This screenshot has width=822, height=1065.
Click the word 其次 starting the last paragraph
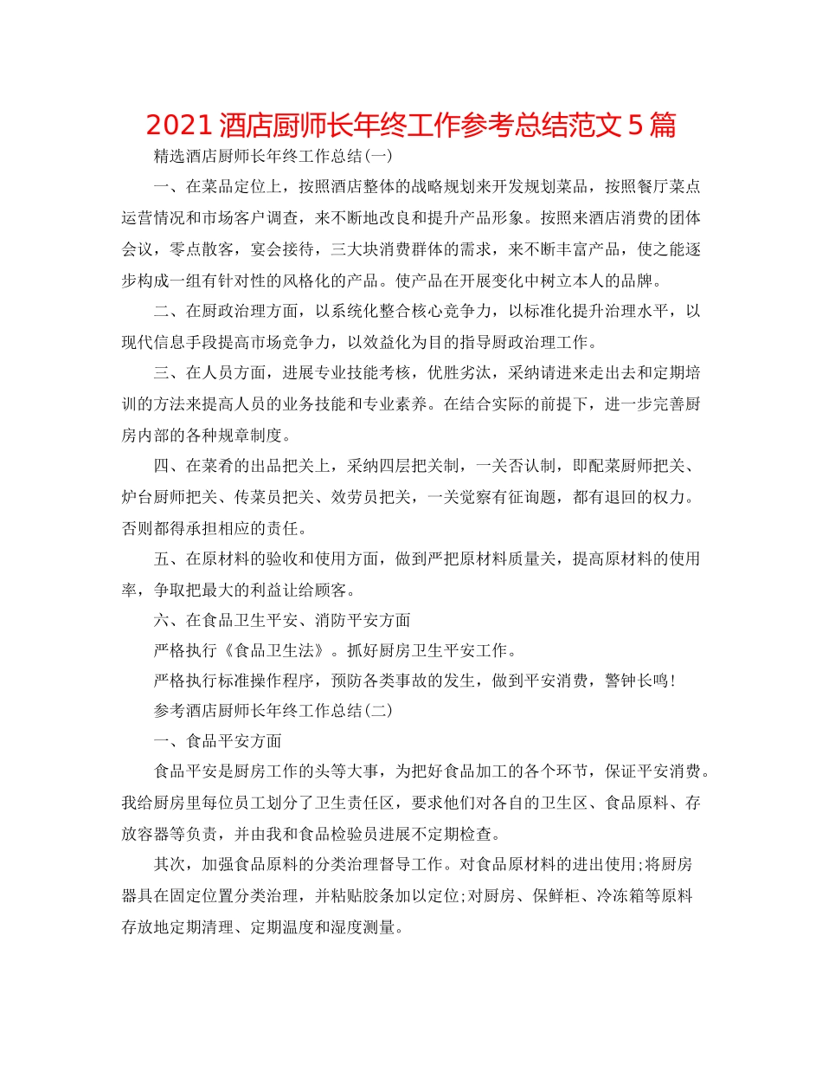click(x=168, y=864)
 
